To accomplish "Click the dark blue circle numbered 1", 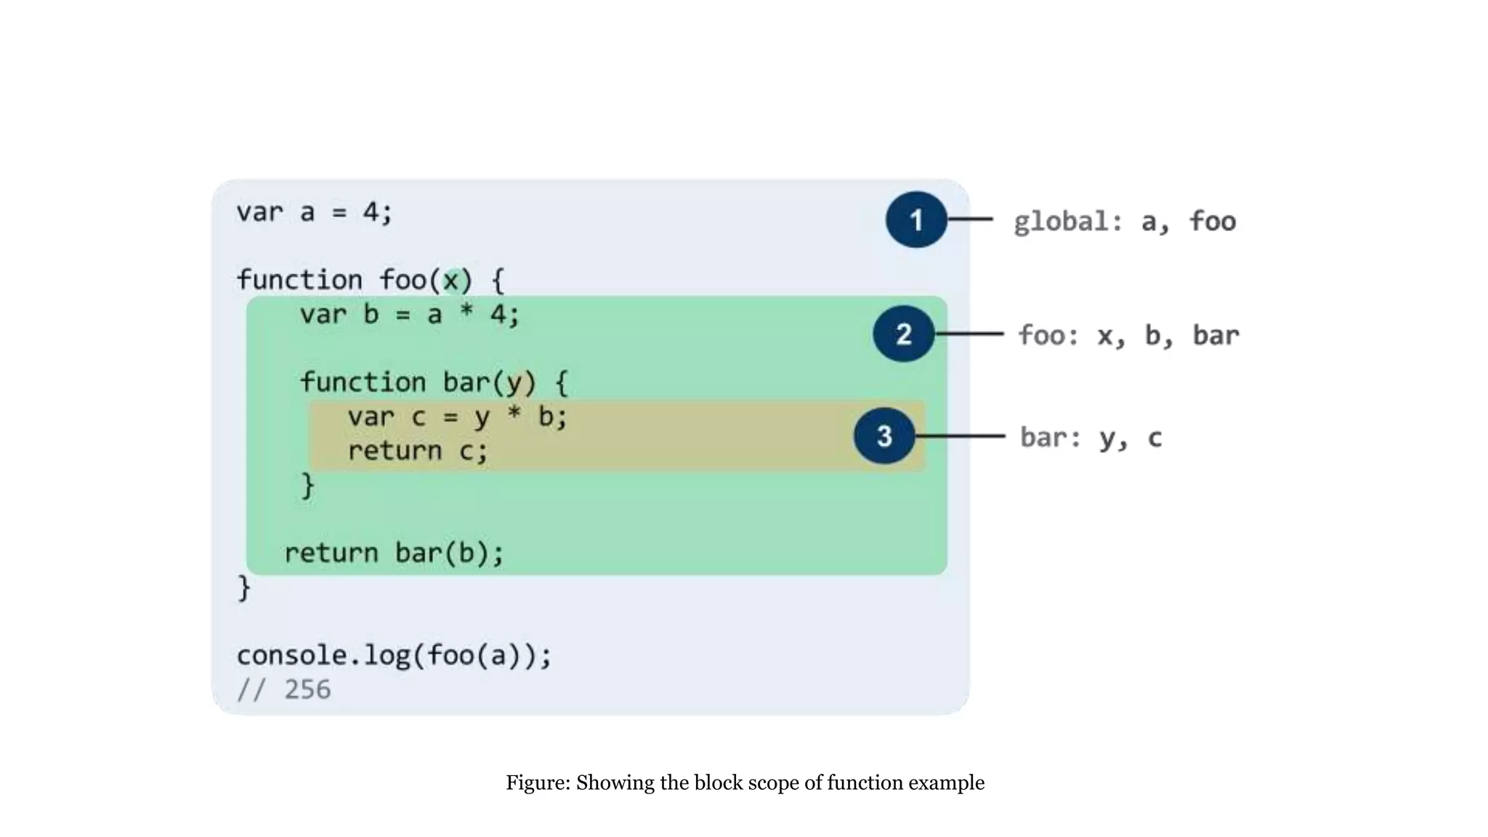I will (x=916, y=219).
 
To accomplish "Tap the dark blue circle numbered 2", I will (x=904, y=334).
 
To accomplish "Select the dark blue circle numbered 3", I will (x=884, y=436).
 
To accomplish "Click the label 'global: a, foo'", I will (x=1124, y=221).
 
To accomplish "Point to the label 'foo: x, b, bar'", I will (x=1128, y=335).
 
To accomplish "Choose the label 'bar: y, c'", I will (x=1091, y=437).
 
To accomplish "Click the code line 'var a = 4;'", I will (x=314, y=212).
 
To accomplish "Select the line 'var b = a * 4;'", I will (x=410, y=315).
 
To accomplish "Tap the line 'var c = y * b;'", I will (x=457, y=417).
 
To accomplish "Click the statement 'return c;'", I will (x=417, y=451).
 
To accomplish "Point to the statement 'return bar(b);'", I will (x=394, y=554).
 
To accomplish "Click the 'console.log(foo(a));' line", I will (x=394, y=655).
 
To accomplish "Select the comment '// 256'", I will (x=284, y=690).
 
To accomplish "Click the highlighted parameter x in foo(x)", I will (x=452, y=280).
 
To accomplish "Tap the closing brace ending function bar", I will (x=308, y=485).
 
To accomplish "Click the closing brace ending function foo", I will (x=244, y=587).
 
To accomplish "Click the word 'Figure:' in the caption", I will (x=538, y=783).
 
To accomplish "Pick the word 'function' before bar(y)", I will (x=363, y=382).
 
